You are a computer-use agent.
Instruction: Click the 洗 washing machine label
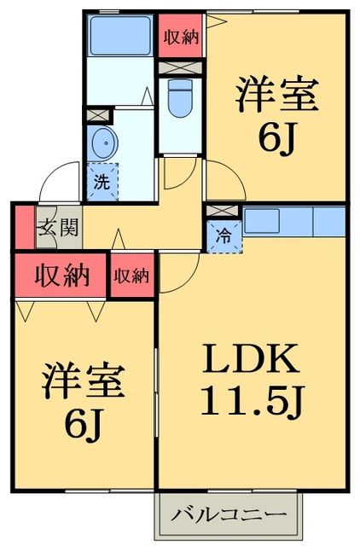click(102, 181)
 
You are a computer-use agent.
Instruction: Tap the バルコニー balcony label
click(229, 514)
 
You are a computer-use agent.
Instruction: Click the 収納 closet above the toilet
click(181, 37)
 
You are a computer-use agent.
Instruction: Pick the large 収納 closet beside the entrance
click(62, 275)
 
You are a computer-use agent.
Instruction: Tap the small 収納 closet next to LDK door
click(132, 275)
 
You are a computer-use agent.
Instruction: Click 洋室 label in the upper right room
click(277, 94)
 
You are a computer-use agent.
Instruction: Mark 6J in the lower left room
click(84, 424)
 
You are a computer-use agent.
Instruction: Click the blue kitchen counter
click(293, 221)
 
